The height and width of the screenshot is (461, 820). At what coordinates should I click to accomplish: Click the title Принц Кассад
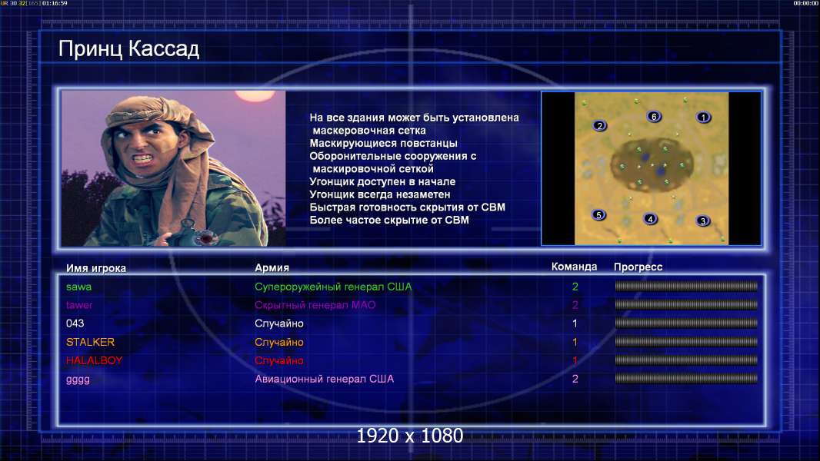tap(128, 49)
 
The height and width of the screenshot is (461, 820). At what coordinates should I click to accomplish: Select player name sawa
tap(78, 287)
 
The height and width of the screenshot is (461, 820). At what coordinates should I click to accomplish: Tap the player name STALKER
tap(90, 342)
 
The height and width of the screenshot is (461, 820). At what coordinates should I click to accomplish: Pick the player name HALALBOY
tap(94, 360)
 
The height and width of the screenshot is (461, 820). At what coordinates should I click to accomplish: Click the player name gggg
tap(78, 380)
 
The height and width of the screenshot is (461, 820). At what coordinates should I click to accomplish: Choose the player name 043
tap(75, 323)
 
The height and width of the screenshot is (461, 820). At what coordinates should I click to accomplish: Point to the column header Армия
tap(272, 268)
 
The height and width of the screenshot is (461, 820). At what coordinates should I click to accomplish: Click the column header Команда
tap(574, 267)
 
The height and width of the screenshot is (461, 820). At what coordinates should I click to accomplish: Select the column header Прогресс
tap(638, 267)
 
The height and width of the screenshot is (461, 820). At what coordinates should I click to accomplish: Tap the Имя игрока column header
tap(95, 268)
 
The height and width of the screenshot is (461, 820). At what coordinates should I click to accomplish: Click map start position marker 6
tap(654, 117)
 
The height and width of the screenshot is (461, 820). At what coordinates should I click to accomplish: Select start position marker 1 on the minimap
tap(703, 118)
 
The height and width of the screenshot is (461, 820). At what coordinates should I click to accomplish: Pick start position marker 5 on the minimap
tap(598, 214)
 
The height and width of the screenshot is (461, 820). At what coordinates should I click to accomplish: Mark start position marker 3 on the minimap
tap(703, 221)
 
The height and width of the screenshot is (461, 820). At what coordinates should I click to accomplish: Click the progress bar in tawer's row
tap(686, 304)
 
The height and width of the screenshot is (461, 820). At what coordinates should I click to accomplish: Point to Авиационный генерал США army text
tap(325, 379)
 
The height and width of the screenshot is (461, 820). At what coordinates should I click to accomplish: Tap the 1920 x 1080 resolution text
tap(410, 436)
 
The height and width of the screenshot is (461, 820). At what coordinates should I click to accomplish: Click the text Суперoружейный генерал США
tap(333, 287)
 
